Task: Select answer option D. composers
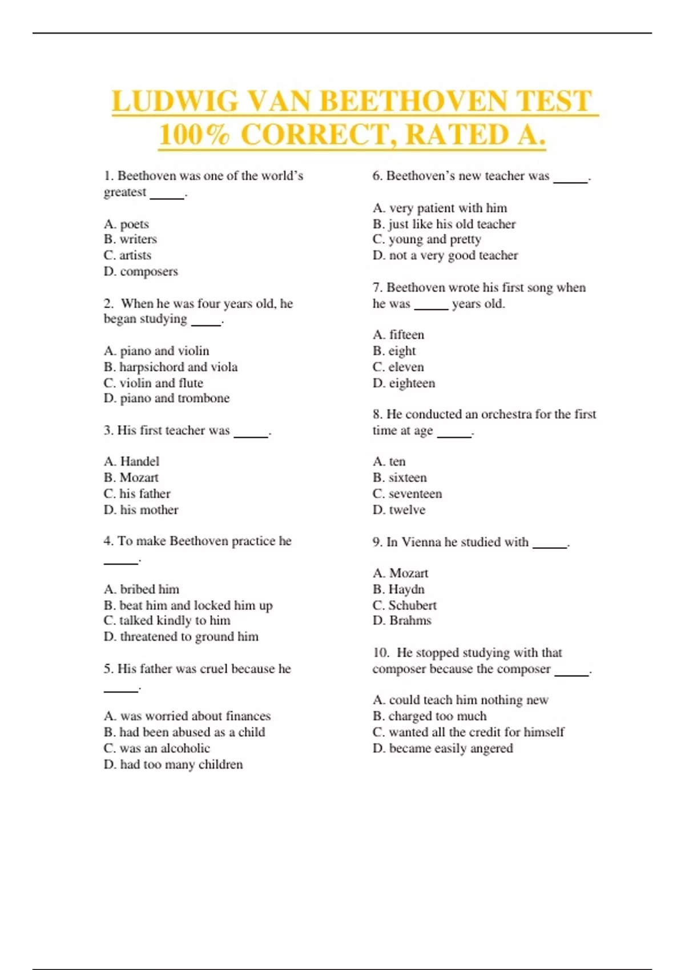[x=140, y=272]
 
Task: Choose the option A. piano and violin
[x=156, y=351]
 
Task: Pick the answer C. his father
[x=137, y=494]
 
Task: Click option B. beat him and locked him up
[x=188, y=605]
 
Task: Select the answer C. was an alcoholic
[x=157, y=748]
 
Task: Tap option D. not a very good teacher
[x=445, y=256]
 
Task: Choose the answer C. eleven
[x=398, y=367]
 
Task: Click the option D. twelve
[x=399, y=510]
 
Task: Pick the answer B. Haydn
[x=398, y=589]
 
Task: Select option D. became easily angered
[x=442, y=748]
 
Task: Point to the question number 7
[x=377, y=288]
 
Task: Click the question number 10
[x=380, y=653]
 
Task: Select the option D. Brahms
[x=402, y=621]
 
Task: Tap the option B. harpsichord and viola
[x=171, y=367]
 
